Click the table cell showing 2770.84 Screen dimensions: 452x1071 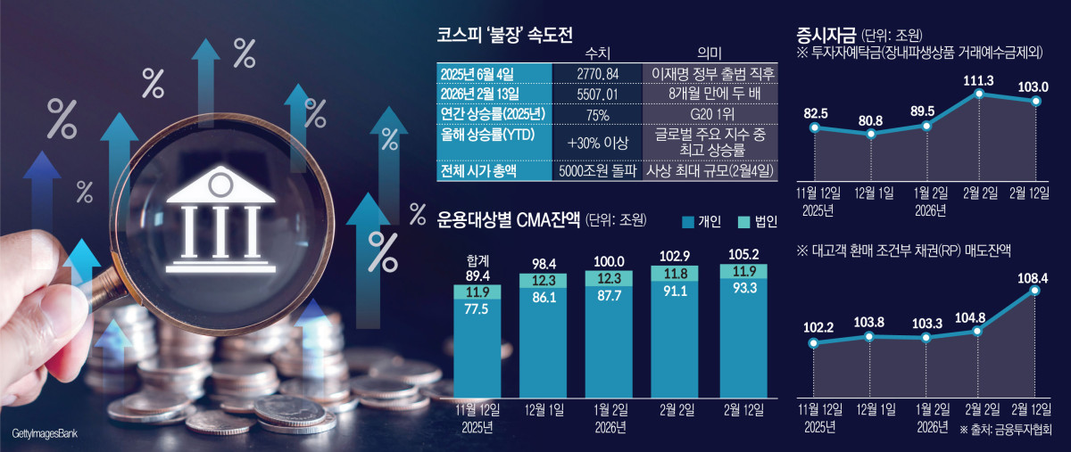(594, 72)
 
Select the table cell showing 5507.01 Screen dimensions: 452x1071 (594, 94)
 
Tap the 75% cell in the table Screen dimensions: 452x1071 (594, 115)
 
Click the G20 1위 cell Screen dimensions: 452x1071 (708, 115)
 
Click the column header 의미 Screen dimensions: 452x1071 (708, 53)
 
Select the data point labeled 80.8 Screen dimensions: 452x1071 (870, 135)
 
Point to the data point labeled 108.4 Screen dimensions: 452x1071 (1035, 289)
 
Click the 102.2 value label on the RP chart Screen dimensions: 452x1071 (813, 327)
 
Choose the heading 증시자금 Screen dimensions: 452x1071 (826, 36)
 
